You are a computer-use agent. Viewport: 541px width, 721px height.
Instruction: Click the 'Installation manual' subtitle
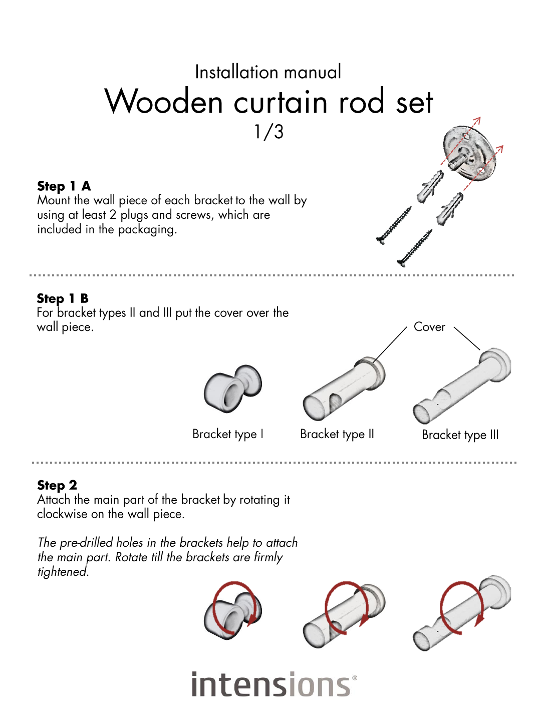click(268, 72)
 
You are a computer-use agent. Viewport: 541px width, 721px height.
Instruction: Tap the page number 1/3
click(268, 132)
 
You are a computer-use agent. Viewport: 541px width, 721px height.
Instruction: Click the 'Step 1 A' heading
click(64, 186)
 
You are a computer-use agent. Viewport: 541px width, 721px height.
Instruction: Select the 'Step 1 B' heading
click(63, 298)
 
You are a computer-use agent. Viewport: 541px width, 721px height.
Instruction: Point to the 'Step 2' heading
click(57, 486)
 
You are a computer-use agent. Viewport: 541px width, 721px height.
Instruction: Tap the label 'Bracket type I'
click(227, 434)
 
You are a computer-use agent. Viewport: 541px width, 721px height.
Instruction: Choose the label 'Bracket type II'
click(337, 434)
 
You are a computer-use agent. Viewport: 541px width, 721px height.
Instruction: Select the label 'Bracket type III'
click(460, 435)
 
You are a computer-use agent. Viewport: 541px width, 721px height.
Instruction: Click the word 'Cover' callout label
click(429, 327)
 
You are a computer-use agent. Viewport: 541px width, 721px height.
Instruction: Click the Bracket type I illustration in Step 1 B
click(232, 388)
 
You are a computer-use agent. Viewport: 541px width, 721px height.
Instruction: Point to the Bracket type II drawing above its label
click(344, 389)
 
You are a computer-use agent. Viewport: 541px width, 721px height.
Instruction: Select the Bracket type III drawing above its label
click(462, 386)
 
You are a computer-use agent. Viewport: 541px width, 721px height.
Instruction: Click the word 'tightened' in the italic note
click(63, 572)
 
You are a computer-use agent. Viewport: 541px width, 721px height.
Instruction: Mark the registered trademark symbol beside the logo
click(355, 677)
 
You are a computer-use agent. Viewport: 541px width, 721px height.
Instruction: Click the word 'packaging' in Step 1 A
click(147, 230)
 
